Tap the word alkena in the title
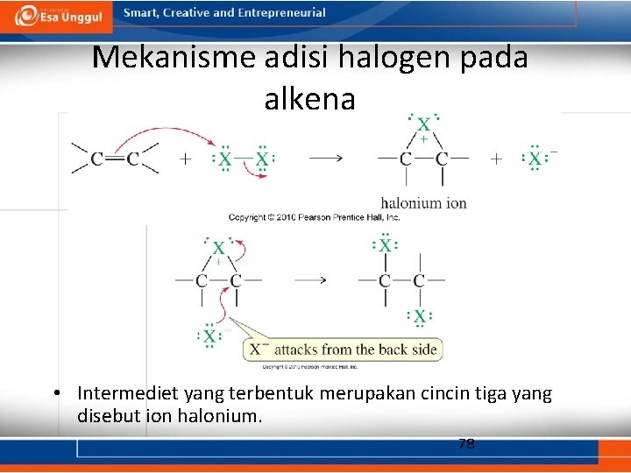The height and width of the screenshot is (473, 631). pyautogui.click(x=309, y=99)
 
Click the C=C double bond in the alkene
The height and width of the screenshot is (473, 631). pyautogui.click(x=115, y=159)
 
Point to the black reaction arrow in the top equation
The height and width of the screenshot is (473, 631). pyautogui.click(x=325, y=159)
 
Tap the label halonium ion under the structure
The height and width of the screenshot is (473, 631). pyautogui.click(x=423, y=203)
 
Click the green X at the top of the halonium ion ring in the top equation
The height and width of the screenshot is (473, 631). pyautogui.click(x=423, y=125)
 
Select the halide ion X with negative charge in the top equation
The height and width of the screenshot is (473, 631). pyautogui.click(x=535, y=159)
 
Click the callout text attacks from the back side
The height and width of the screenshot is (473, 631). pyautogui.click(x=354, y=349)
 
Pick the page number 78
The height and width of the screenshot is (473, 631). pyautogui.click(x=466, y=443)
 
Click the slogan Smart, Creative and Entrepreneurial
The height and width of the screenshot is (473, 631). pyautogui.click(x=224, y=13)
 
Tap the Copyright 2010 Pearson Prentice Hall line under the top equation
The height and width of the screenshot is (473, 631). pyautogui.click(x=314, y=216)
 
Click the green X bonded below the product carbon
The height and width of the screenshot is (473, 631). pyautogui.click(x=420, y=316)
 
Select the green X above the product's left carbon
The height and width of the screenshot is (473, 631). pyautogui.click(x=385, y=246)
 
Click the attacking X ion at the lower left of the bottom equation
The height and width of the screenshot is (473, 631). pyautogui.click(x=209, y=335)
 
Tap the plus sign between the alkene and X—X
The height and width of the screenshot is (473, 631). pyautogui.click(x=186, y=159)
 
